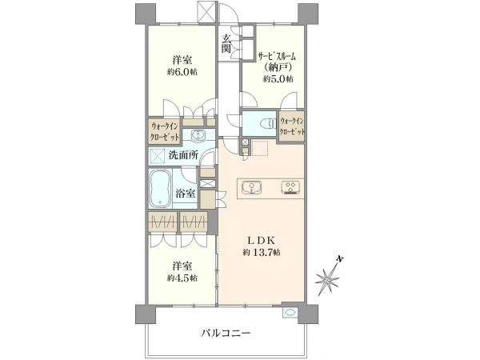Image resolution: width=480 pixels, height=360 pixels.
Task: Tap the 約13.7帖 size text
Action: pyautogui.click(x=260, y=254)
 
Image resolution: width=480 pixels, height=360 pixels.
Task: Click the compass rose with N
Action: pyautogui.click(x=328, y=275)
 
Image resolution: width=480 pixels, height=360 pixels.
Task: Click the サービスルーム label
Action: pyautogui.click(x=277, y=56)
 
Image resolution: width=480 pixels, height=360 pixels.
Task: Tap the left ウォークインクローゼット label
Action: pyautogui.click(x=165, y=130)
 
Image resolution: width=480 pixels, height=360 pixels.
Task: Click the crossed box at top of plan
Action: pyautogui.click(x=206, y=11)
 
